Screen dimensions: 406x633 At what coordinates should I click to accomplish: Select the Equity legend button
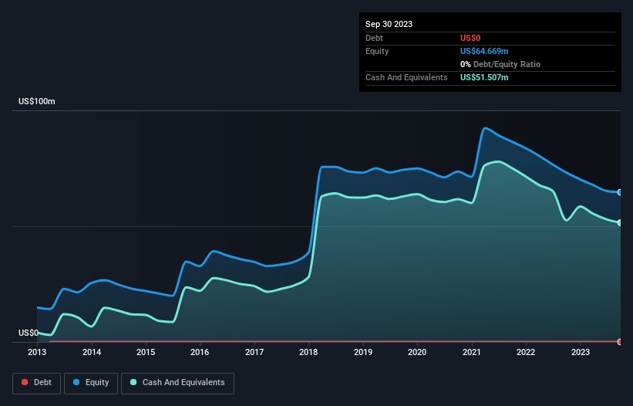[91, 382]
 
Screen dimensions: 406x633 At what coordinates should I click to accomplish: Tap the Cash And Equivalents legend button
[177, 382]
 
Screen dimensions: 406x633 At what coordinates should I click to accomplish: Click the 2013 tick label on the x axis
[37, 352]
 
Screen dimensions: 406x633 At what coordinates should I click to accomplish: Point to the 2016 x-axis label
[200, 352]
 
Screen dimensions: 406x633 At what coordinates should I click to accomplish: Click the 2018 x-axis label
[308, 352]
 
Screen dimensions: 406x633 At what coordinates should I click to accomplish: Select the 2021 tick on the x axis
[471, 352]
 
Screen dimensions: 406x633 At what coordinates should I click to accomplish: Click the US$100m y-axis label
[37, 102]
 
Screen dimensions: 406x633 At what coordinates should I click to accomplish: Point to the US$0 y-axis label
[29, 333]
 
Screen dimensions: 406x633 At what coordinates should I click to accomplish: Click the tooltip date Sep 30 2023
[389, 24]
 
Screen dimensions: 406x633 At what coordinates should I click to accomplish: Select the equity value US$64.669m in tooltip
[484, 51]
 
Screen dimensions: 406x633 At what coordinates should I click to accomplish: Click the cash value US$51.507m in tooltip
[484, 77]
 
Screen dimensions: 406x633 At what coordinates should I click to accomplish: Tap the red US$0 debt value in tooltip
[471, 38]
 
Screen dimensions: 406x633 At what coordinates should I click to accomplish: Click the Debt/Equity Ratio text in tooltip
[503, 64]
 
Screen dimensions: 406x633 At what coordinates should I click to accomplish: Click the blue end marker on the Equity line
[620, 192]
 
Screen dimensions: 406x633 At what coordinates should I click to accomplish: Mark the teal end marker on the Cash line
[620, 222]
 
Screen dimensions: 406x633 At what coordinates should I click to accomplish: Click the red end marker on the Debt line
[620, 341]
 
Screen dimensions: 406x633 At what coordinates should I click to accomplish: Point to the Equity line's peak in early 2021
[485, 128]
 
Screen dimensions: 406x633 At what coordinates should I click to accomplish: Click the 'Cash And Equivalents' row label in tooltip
[406, 77]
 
